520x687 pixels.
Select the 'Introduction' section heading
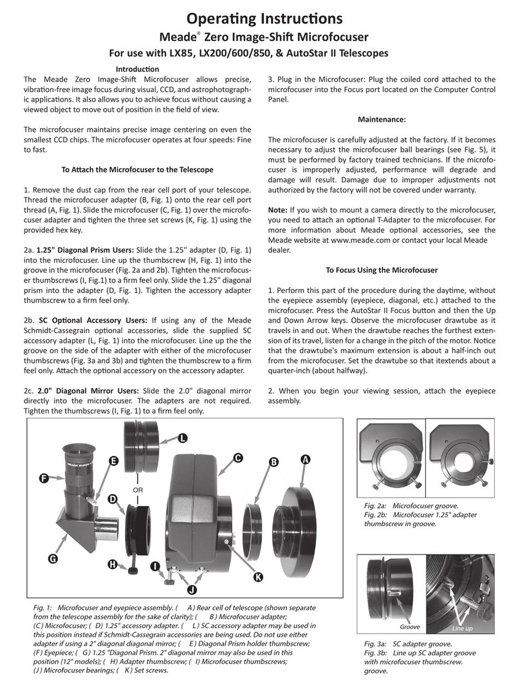(x=136, y=69)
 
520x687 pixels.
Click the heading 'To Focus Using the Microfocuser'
(x=381, y=270)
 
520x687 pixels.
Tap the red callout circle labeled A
(x=306, y=459)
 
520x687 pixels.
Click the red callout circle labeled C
(x=237, y=458)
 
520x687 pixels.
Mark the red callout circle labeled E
(x=113, y=461)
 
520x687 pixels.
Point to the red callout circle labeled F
(x=43, y=478)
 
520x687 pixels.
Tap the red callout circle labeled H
(x=113, y=565)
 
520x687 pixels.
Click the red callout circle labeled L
(x=183, y=438)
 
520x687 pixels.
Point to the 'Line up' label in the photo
(x=462, y=628)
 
